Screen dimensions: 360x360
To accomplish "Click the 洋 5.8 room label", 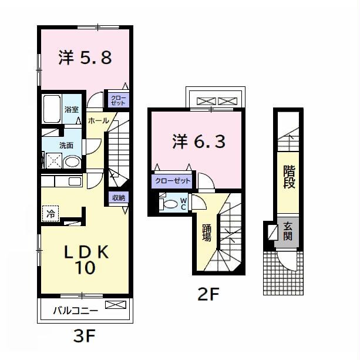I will tap(85, 58).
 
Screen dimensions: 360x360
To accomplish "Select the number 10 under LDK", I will tap(85, 268).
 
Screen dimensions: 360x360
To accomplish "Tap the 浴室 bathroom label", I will tap(71, 109).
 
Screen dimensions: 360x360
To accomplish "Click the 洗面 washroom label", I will tap(66, 145).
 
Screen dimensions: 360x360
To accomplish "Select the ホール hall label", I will tap(97, 120).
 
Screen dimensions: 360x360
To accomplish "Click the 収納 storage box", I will tap(117, 197).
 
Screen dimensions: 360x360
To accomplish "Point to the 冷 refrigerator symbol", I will tap(51, 214).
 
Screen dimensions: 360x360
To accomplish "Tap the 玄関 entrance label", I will tap(288, 231).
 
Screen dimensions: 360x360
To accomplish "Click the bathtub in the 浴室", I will tap(52, 108).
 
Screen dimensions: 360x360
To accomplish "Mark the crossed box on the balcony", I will tap(115, 305).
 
